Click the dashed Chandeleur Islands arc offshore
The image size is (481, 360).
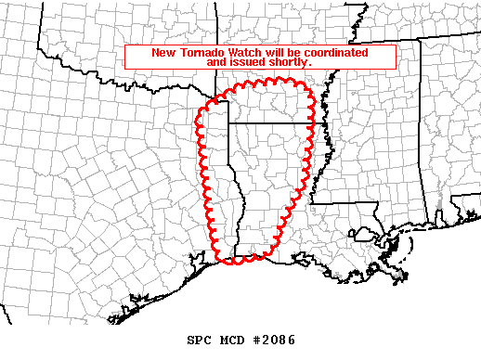401,243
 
